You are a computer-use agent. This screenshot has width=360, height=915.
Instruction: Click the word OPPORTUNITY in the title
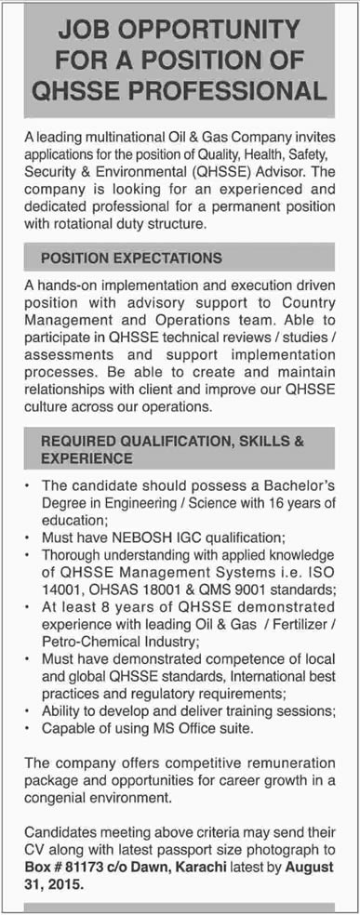(235, 31)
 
